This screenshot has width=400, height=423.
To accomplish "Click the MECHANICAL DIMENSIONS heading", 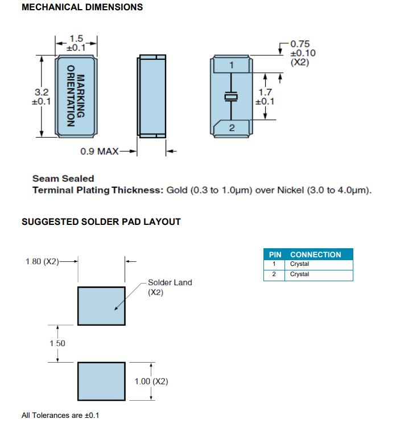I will pyautogui.click(x=82, y=7).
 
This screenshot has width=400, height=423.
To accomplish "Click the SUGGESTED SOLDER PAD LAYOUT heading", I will pyautogui.click(x=101, y=221).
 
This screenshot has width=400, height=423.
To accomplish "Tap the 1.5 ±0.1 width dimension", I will pyautogui.click(x=76, y=43).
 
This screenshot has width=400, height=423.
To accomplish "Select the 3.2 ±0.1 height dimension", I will pyautogui.click(x=42, y=96).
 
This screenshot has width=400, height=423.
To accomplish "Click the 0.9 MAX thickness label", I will pyautogui.click(x=100, y=151).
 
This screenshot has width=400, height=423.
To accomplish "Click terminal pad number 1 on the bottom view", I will pyautogui.click(x=232, y=65).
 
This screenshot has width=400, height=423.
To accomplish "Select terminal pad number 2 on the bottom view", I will pyautogui.click(x=232, y=128).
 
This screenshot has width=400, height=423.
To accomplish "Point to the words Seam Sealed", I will pyautogui.click(x=63, y=178).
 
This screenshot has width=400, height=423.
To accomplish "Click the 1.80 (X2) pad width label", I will pyautogui.click(x=42, y=261).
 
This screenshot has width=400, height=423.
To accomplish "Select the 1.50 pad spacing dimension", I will pyautogui.click(x=57, y=343).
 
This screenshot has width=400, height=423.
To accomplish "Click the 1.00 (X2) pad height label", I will pyautogui.click(x=151, y=381).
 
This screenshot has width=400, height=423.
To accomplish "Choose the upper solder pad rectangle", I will pyautogui.click(x=101, y=306).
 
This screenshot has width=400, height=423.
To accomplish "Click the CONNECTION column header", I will pyautogui.click(x=315, y=254).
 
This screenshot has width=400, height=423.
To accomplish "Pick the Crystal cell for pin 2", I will pyautogui.click(x=300, y=274).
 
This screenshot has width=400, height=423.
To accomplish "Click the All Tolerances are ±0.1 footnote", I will pyautogui.click(x=56, y=416).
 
